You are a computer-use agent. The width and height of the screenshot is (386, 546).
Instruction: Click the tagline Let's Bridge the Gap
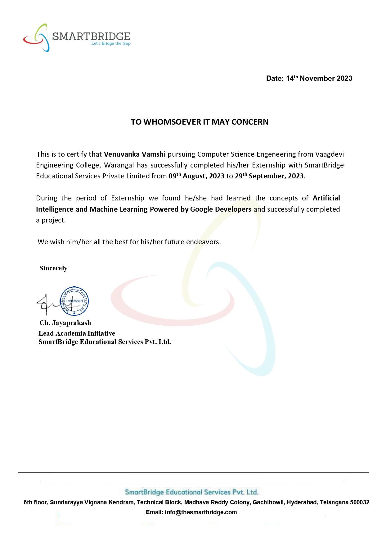pyautogui.click(x=111, y=44)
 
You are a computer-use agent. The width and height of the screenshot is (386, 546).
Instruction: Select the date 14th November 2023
pyautogui.click(x=319, y=78)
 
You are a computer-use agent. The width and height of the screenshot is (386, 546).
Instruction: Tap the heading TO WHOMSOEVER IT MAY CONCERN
pyautogui.click(x=200, y=122)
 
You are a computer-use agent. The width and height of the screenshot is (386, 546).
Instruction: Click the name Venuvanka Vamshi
pyautogui.click(x=135, y=154)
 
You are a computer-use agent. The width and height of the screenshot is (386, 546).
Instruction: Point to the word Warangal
pyautogui.click(x=119, y=165)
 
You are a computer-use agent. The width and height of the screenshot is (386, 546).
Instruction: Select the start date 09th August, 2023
pyautogui.click(x=196, y=176)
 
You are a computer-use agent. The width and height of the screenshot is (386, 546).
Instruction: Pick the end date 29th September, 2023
pyautogui.click(x=269, y=176)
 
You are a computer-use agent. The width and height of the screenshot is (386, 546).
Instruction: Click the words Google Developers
pyautogui.click(x=221, y=209)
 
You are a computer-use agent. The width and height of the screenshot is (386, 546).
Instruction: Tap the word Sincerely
pyautogui.click(x=53, y=268)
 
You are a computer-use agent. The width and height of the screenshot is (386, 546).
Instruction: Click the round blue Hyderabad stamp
pyautogui.click(x=74, y=301)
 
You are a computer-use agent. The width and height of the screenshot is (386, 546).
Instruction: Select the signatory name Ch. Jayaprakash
pyautogui.click(x=65, y=323)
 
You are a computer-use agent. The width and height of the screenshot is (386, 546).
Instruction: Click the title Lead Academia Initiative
pyautogui.click(x=77, y=333)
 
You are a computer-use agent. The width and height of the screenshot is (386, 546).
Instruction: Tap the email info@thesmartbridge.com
pyautogui.click(x=201, y=512)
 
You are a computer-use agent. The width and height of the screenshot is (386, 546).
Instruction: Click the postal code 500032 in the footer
pyautogui.click(x=360, y=502)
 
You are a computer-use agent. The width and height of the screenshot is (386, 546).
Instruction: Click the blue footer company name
pyautogui.click(x=191, y=492)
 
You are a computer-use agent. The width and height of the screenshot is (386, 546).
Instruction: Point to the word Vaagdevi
pyautogui.click(x=330, y=154)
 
